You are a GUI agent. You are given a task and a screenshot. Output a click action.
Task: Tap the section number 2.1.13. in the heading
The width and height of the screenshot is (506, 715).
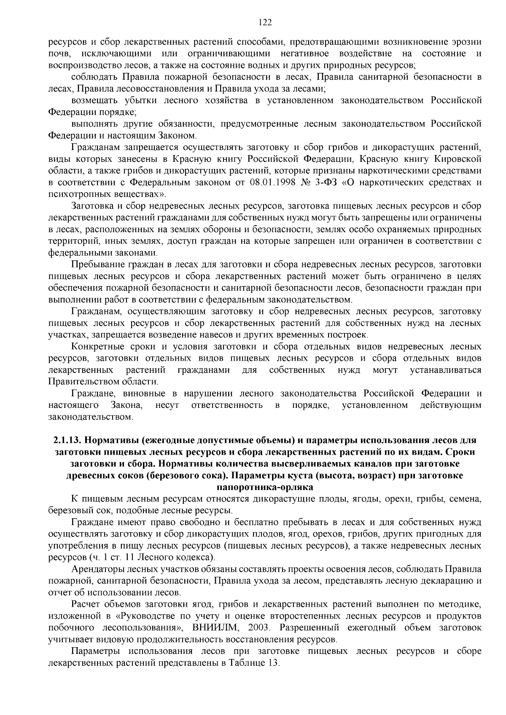[x=68, y=440]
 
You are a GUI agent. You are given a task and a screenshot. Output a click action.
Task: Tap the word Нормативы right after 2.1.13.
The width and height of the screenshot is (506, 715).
[x=112, y=440]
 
